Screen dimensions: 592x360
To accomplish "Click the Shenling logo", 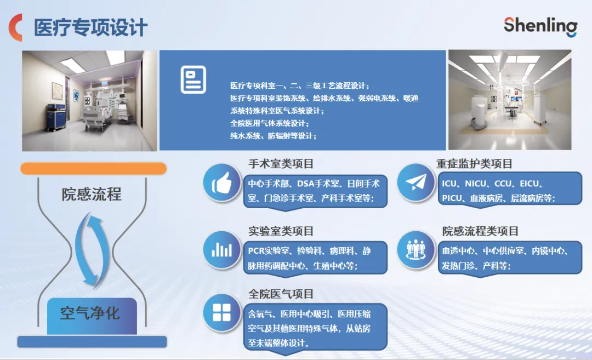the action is (540, 26).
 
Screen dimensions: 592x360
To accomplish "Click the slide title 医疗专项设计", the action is (90, 28).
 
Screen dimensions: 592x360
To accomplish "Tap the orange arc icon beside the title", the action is (15, 27).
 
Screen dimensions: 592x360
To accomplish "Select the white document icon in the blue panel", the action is (193, 79).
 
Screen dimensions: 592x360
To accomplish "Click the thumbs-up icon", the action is (222, 182).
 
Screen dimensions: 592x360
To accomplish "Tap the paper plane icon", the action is (415, 182).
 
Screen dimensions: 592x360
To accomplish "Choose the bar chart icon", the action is (222, 249).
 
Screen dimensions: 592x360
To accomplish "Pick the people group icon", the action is (415, 249).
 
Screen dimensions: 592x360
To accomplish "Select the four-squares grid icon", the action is (222, 312).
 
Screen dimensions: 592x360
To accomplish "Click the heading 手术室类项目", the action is (281, 164).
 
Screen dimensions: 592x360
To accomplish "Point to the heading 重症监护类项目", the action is (474, 164).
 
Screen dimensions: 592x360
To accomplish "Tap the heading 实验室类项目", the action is (281, 231).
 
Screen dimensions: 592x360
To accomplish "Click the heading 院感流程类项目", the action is (480, 231).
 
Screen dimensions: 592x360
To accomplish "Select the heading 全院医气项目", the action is (281, 294).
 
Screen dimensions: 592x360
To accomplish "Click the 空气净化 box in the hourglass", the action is (92, 316).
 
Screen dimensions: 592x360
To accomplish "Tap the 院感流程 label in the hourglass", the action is (92, 195).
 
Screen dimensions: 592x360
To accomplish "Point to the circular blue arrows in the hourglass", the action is (92, 250).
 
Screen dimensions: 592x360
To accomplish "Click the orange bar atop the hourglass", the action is (93, 168).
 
